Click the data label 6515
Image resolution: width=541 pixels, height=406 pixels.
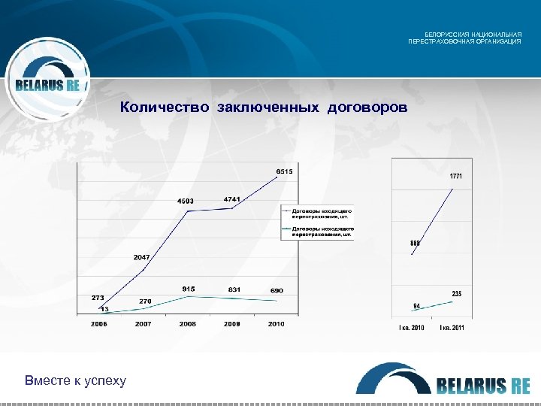click(x=284, y=171)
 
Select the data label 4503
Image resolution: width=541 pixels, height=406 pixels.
click(x=186, y=201)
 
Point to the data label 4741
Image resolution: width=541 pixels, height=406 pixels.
click(x=232, y=198)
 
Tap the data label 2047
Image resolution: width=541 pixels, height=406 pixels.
click(x=142, y=257)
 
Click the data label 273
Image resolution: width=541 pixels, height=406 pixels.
click(x=98, y=298)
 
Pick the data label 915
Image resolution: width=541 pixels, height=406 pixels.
click(x=189, y=289)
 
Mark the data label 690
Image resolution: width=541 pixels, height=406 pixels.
click(x=277, y=290)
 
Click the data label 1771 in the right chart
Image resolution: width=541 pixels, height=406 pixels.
click(x=456, y=176)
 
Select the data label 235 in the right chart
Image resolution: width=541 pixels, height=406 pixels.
click(x=456, y=292)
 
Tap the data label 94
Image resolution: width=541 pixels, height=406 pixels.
click(x=416, y=305)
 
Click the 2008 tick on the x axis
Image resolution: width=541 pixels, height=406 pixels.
click(x=187, y=324)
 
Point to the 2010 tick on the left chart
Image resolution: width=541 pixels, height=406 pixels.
click(x=276, y=324)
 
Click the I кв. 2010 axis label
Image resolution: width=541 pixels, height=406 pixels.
click(x=411, y=328)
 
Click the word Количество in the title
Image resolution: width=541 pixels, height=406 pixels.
click(x=165, y=108)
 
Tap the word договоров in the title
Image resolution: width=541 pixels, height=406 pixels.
click(x=367, y=108)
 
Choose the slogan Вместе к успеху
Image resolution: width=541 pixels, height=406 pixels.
click(x=75, y=380)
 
